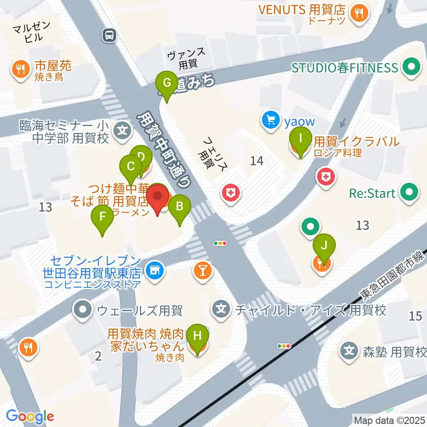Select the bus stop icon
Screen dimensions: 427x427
click(109, 35)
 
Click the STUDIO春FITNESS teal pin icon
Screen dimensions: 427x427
click(410, 68)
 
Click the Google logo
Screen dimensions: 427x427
click(30, 416)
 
